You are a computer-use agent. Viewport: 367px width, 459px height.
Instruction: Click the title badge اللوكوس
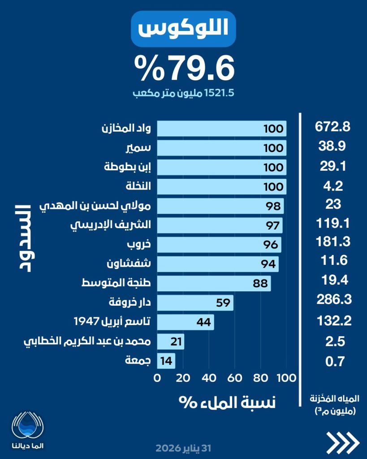[183, 29]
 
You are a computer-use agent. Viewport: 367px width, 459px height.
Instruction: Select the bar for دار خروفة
[195, 302]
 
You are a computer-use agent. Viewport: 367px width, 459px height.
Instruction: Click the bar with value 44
[185, 321]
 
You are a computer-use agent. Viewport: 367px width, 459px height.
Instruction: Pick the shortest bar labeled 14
[166, 360]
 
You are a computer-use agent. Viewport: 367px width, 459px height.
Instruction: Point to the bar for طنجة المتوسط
[214, 283]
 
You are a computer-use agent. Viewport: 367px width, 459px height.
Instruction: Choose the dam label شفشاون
[128, 264]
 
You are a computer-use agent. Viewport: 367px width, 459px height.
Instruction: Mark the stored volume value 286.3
[332, 299]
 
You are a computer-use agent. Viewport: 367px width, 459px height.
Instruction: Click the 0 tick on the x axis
[157, 378]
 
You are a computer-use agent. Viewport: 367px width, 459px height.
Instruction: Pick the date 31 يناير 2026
[183, 448]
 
